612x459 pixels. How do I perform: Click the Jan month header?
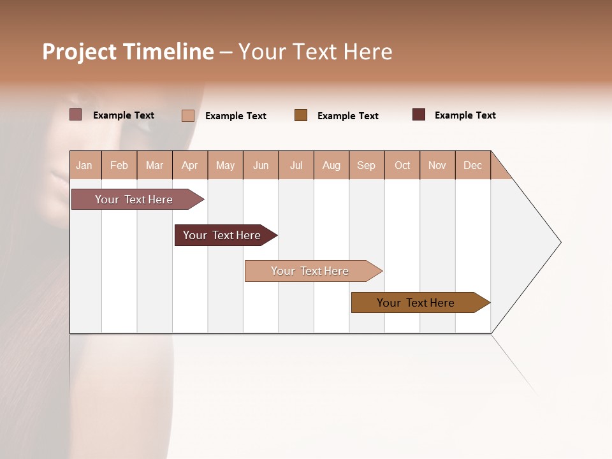[85, 165]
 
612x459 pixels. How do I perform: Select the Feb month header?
[119, 165]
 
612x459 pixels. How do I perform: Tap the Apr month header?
[190, 165]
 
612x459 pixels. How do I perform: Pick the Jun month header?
[261, 165]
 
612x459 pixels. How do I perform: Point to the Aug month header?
[331, 165]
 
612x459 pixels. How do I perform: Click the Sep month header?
[367, 165]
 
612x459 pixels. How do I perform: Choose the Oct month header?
[402, 165]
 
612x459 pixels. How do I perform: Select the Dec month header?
[473, 165]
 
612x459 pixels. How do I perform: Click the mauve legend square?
[75, 115]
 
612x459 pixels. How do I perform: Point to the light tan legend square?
[187, 115]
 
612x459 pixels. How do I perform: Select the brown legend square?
[301, 115]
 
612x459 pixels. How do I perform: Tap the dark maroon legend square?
[419, 115]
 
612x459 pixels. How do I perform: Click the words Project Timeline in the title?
[128, 52]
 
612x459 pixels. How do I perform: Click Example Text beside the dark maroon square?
[465, 115]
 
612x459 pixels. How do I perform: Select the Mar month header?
[155, 165]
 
